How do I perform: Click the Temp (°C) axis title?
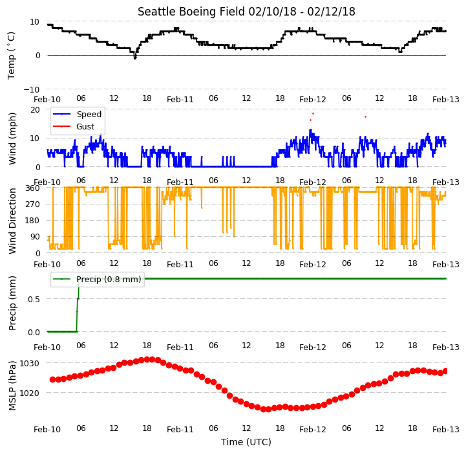[x=11, y=56]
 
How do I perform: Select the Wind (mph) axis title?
[x=12, y=138]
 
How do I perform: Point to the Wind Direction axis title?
[x=12, y=221]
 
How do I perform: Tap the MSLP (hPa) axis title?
[x=12, y=386]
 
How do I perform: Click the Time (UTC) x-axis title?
[x=246, y=442]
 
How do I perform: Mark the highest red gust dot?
[x=313, y=114]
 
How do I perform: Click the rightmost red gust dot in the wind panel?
[x=365, y=117]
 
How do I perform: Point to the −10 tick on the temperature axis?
[x=32, y=89]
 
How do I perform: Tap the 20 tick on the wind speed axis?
[x=35, y=110]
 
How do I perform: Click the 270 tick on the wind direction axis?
[x=34, y=204]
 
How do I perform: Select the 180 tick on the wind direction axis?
[x=34, y=221]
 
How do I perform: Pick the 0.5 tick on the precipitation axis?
[x=34, y=299]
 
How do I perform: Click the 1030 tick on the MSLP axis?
[x=30, y=364]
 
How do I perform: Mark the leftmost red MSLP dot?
[x=52, y=379]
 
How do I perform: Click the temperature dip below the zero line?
[x=135, y=56]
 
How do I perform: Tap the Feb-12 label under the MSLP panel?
[x=313, y=430]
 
